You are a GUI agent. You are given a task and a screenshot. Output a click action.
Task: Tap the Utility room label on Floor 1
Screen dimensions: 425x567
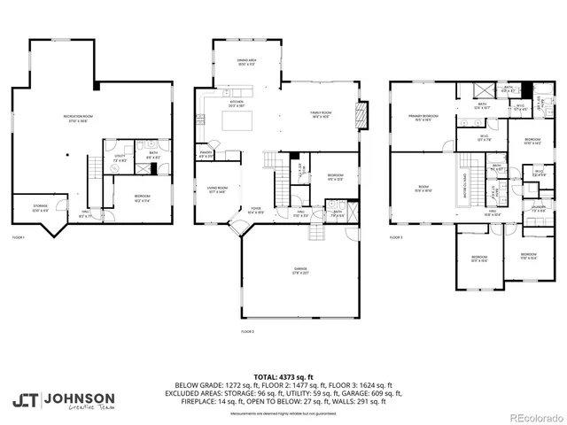coord(120,158)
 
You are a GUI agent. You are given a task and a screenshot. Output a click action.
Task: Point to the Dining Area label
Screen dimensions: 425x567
coord(246,62)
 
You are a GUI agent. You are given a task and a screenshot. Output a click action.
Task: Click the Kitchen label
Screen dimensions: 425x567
coord(237,104)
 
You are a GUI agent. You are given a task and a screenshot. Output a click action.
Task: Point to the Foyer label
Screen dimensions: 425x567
coord(255,211)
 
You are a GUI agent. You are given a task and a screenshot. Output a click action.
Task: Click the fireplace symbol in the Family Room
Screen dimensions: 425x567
coord(361,114)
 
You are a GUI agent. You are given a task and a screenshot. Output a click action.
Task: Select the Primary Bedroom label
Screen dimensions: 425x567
coord(423,117)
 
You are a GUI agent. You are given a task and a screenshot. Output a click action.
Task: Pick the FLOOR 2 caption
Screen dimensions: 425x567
coord(247,330)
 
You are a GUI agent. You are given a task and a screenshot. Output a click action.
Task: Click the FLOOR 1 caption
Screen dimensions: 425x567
coord(19,237)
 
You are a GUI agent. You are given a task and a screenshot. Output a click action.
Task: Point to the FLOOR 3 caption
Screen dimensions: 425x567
coord(395,237)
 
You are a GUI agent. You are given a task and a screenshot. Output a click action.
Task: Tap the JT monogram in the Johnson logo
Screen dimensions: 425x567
coord(24,400)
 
